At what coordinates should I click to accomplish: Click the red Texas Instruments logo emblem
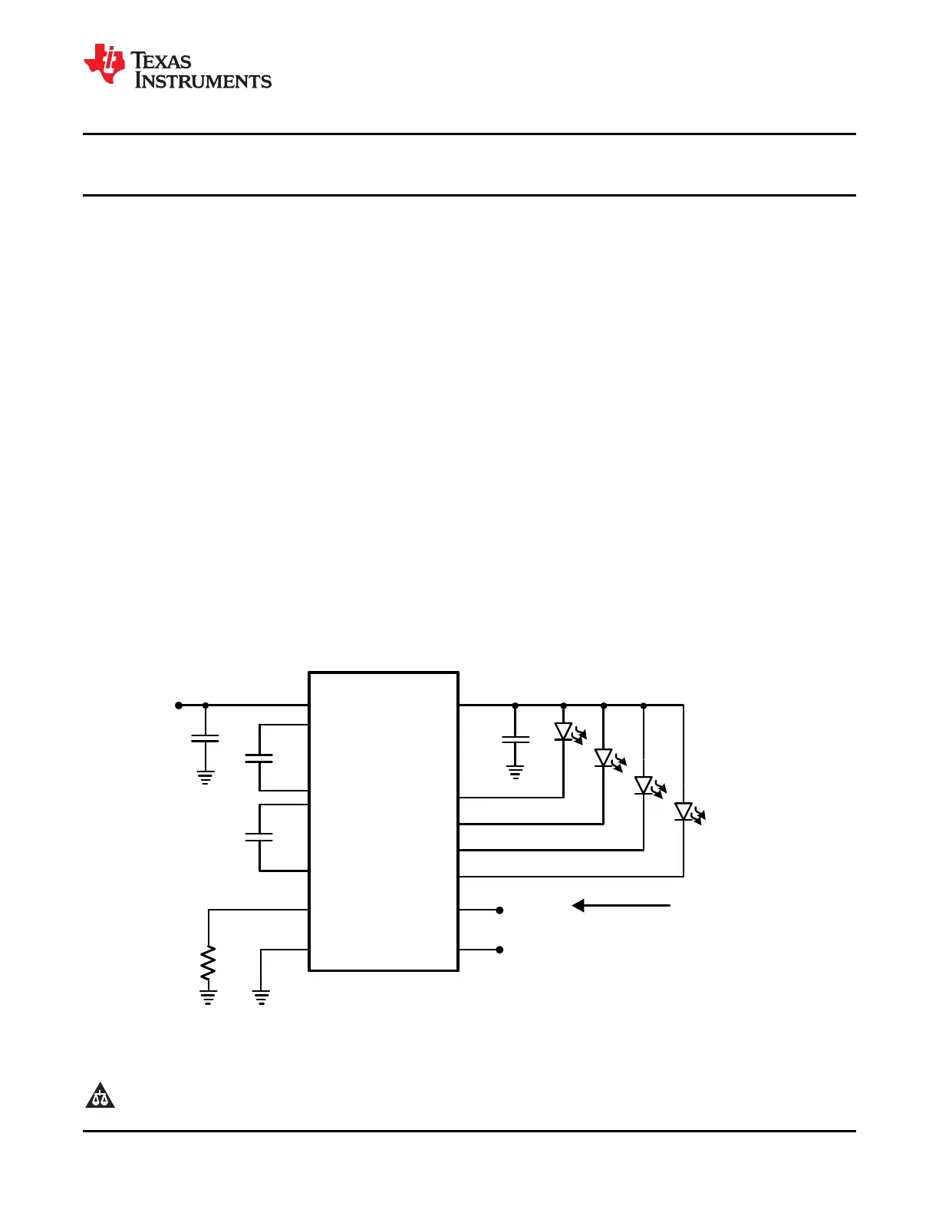pyautogui.click(x=104, y=64)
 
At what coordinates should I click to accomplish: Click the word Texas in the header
pyautogui.click(x=162, y=61)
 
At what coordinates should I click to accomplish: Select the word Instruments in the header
pyautogui.click(x=203, y=81)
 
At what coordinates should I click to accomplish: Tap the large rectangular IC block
pyautogui.click(x=384, y=821)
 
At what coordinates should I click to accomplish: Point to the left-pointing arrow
pyautogui.click(x=621, y=906)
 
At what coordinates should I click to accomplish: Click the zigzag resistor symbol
pyautogui.click(x=208, y=963)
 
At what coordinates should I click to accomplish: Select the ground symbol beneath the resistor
pyautogui.click(x=208, y=997)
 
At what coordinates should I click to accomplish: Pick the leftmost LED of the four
pyautogui.click(x=565, y=732)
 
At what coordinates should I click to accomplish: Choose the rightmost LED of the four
pyautogui.click(x=684, y=811)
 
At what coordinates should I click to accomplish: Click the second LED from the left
pyautogui.click(x=605, y=758)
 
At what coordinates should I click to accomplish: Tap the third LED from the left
pyautogui.click(x=644, y=785)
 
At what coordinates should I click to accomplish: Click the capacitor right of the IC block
pyautogui.click(x=516, y=739)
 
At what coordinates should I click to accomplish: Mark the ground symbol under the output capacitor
pyautogui.click(x=516, y=772)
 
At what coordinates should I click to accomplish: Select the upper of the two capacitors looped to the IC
pyautogui.click(x=259, y=758)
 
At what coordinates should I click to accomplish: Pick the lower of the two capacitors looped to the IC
pyautogui.click(x=259, y=837)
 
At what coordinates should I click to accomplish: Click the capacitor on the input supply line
pyautogui.click(x=205, y=739)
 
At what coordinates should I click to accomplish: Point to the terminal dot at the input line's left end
pyautogui.click(x=179, y=705)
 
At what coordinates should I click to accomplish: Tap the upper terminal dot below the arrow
pyautogui.click(x=499, y=910)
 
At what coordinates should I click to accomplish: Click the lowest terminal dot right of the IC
pyautogui.click(x=499, y=950)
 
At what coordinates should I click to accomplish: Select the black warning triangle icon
pyautogui.click(x=100, y=1095)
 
